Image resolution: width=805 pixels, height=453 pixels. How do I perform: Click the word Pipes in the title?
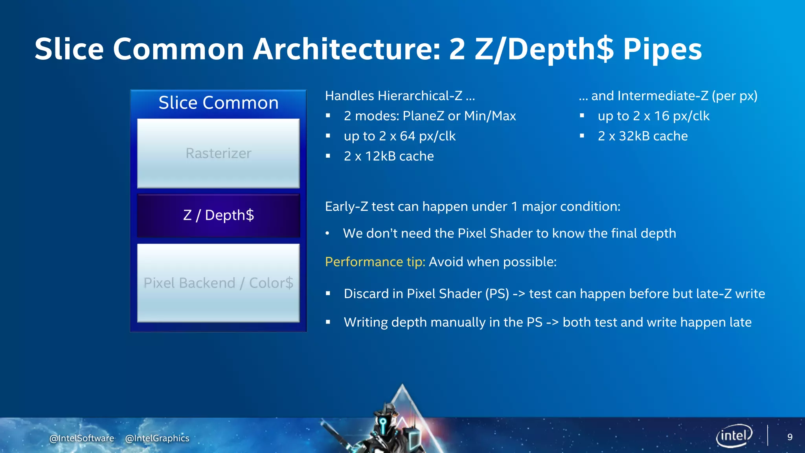pos(662,50)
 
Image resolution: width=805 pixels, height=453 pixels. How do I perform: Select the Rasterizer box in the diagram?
pos(218,153)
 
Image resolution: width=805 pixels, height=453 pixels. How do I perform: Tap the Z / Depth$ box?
pos(218,215)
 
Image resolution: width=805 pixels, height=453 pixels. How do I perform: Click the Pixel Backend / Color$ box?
pos(218,283)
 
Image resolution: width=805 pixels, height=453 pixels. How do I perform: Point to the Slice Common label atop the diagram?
pos(218,103)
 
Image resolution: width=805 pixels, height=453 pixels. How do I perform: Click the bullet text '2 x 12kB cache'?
pos(388,157)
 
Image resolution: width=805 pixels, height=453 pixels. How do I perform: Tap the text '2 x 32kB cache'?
pos(642,136)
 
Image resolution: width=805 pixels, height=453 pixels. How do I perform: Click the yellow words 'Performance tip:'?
pos(375,262)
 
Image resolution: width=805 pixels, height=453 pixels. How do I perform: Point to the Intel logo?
pos(734,436)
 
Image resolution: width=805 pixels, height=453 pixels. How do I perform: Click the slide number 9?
pos(790,437)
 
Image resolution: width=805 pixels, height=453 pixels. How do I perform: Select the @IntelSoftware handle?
pos(82,438)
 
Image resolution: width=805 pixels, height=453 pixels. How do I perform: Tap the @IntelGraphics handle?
pos(157,438)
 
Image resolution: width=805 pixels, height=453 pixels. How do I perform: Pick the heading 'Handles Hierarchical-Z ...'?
pos(400,96)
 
